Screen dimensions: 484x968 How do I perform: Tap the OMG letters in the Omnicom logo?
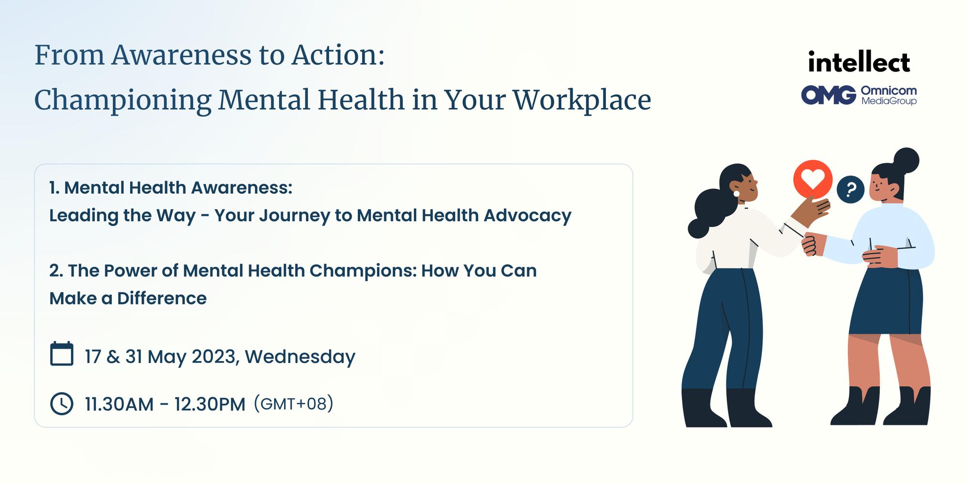click(828, 95)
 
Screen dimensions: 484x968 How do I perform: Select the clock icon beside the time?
click(61, 404)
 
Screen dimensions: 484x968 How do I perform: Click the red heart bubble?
click(813, 180)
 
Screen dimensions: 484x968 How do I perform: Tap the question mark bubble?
click(850, 189)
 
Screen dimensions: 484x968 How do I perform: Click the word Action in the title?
click(337, 55)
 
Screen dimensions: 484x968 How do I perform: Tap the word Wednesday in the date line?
click(300, 357)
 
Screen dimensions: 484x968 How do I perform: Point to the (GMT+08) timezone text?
click(293, 404)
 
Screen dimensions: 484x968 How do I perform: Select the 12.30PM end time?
click(210, 404)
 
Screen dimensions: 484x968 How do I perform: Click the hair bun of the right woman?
click(905, 160)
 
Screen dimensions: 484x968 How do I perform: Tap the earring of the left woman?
click(737, 194)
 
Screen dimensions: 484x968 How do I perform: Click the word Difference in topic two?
click(162, 299)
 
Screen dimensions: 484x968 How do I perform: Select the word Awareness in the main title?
click(181, 55)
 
